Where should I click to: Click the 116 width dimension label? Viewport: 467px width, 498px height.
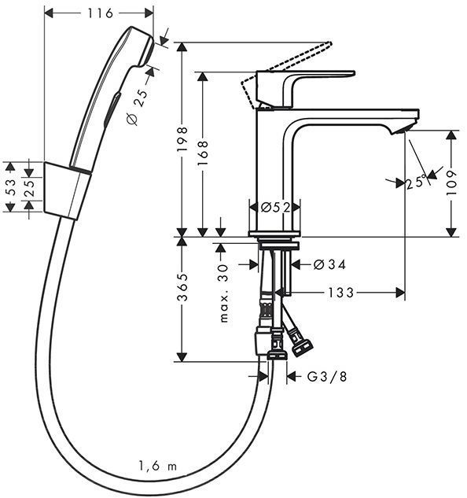[98, 13]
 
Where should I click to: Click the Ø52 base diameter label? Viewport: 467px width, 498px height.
[275, 207]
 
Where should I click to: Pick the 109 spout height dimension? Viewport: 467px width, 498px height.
[451, 183]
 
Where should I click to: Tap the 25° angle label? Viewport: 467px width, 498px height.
[417, 183]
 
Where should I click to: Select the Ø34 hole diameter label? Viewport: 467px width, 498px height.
[329, 264]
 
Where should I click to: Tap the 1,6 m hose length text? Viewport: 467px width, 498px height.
[157, 466]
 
